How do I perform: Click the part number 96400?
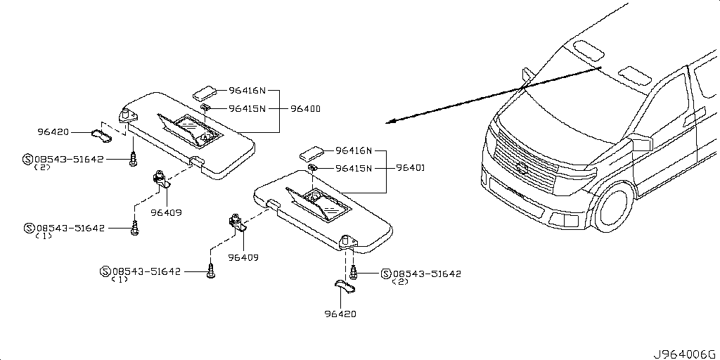tap(305, 109)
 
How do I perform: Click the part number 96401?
tap(410, 168)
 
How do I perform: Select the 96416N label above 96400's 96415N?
tap(247, 91)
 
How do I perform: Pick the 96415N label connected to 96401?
tap(353, 169)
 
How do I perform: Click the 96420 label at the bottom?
tap(340, 314)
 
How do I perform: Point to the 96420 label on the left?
tap(53, 132)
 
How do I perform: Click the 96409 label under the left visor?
tap(166, 212)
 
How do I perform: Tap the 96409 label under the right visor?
tap(243, 257)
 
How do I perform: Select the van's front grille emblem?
tap(522, 168)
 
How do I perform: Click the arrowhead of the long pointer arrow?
tap(390, 122)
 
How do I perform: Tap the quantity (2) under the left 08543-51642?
tap(42, 167)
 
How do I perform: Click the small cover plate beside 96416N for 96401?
tap(313, 153)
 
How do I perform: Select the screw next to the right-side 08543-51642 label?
tap(354, 273)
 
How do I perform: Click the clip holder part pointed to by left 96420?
tap(101, 135)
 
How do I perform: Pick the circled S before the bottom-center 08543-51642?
tap(105, 272)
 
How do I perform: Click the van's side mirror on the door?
tap(643, 142)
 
